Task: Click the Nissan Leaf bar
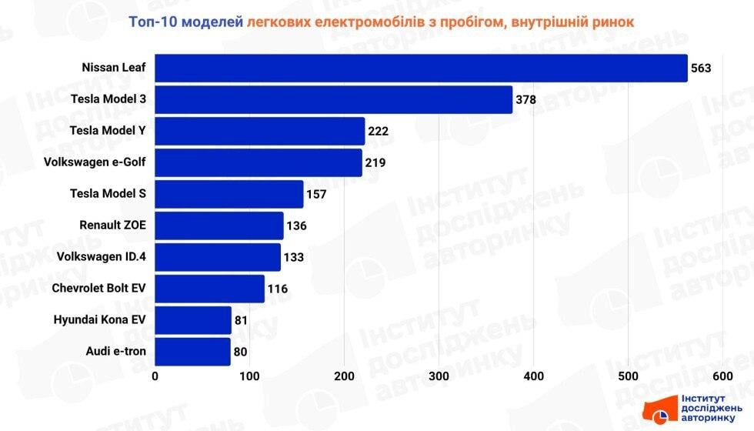(x=421, y=68)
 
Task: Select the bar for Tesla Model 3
(x=334, y=99)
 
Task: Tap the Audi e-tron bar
(x=193, y=352)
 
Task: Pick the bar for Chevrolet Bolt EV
(x=210, y=289)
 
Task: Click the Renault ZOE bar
(x=219, y=226)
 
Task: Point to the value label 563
(x=701, y=68)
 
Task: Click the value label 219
(x=375, y=162)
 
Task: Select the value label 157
(x=316, y=194)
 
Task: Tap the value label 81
(x=241, y=320)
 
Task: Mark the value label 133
(x=294, y=257)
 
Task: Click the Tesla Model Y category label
(x=108, y=131)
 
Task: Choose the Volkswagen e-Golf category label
(x=95, y=162)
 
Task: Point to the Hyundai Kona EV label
(x=99, y=320)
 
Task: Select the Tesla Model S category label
(x=108, y=194)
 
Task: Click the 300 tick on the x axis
(x=439, y=376)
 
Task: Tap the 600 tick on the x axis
(x=722, y=376)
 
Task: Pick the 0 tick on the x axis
(x=155, y=376)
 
